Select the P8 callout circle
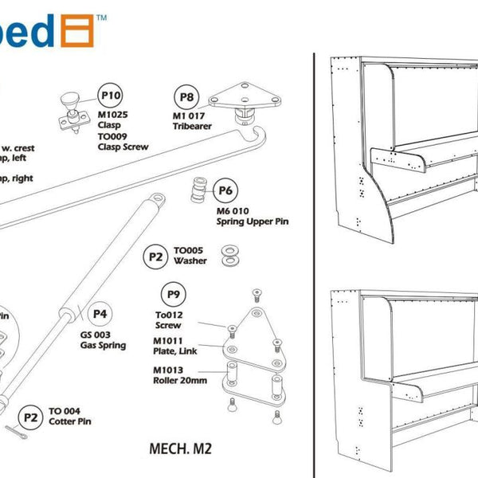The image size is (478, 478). (x=186, y=98)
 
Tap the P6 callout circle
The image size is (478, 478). (x=225, y=192)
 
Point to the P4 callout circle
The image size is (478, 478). (x=100, y=314)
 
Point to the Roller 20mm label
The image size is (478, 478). (x=180, y=380)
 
